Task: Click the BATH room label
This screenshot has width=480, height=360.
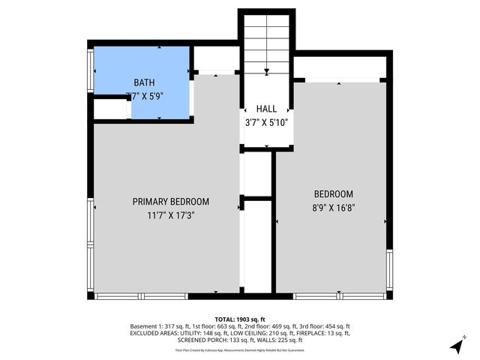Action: [x=145, y=82]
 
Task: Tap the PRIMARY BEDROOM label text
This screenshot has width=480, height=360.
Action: [x=170, y=202]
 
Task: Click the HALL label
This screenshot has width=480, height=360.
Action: [x=266, y=109]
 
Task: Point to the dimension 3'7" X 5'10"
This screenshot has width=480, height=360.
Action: [x=266, y=122]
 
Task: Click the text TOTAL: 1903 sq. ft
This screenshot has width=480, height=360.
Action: [x=240, y=319]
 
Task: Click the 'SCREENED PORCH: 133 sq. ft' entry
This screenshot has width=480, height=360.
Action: [x=203, y=342]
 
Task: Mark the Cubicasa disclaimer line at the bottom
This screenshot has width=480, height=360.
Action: [x=240, y=349]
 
